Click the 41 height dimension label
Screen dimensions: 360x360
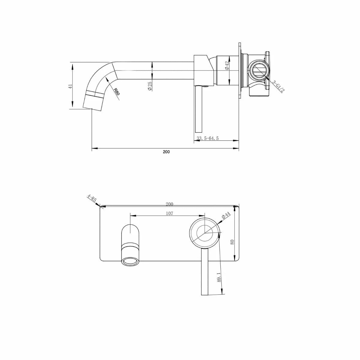pyautogui.click(x=70, y=86)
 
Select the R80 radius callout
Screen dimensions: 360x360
pyautogui.click(x=116, y=91)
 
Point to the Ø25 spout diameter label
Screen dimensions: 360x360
pyautogui.click(x=150, y=86)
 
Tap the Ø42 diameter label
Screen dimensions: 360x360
pyautogui.click(x=227, y=66)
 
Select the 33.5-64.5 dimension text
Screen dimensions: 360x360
pyautogui.click(x=208, y=138)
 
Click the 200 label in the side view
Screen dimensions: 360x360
pyautogui.click(x=166, y=152)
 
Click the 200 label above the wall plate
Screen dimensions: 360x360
pyautogui.click(x=169, y=204)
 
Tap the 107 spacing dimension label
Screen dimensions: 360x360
pyautogui.click(x=169, y=214)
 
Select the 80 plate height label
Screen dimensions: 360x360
pyautogui.click(x=232, y=242)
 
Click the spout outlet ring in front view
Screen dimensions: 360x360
pyautogui.click(x=130, y=261)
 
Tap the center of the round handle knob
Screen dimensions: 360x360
pyautogui.click(x=205, y=232)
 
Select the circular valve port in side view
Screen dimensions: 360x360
pyautogui.click(x=259, y=71)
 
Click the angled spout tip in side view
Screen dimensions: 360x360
pyautogui.click(x=93, y=102)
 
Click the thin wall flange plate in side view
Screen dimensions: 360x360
pyautogui.click(x=240, y=70)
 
